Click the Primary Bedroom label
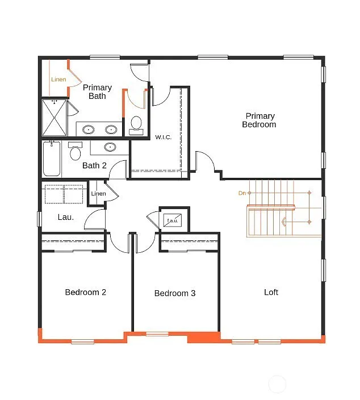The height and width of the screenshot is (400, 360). [x=259, y=120]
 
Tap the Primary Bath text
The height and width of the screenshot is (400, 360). [x=97, y=91]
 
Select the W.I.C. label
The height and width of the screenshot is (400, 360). [x=164, y=137]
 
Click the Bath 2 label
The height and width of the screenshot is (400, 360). [x=94, y=166]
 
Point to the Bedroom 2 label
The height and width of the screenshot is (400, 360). [x=86, y=293]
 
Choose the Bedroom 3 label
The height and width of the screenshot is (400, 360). [x=175, y=293]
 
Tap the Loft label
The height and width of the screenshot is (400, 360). [x=271, y=293]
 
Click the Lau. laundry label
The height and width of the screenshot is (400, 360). [x=66, y=216]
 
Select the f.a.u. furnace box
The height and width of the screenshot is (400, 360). [x=171, y=219]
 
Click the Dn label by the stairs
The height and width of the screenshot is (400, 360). [x=242, y=193]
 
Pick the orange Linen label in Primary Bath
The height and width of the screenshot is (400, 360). [x=58, y=80]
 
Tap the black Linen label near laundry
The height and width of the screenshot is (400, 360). [x=98, y=194]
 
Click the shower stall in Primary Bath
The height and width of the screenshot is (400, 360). [x=54, y=118]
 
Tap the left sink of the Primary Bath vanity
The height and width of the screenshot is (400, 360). [x=88, y=130]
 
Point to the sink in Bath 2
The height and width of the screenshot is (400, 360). [x=110, y=147]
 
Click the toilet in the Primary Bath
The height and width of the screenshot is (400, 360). [x=136, y=123]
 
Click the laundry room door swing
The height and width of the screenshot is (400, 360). [x=95, y=219]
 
